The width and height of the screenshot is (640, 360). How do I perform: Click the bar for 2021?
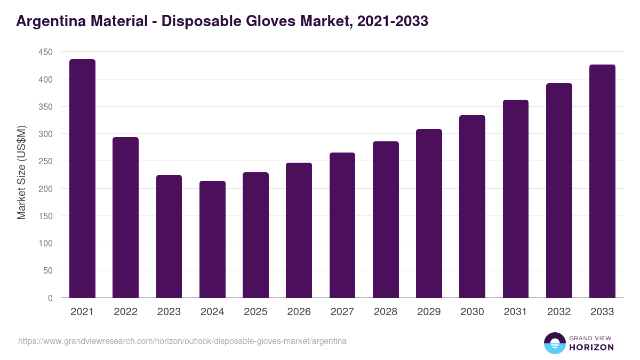point(82,179)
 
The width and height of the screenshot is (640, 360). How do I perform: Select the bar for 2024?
point(212,239)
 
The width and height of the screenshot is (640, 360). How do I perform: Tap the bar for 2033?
point(602,181)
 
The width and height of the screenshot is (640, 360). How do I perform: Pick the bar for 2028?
point(386,220)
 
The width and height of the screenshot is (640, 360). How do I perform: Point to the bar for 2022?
point(125,218)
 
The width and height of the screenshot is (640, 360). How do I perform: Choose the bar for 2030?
point(472,206)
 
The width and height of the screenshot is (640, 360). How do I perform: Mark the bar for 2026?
point(299,230)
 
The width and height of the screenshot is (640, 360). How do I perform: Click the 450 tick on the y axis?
point(45,52)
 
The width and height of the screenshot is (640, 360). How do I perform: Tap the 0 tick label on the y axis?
point(50,298)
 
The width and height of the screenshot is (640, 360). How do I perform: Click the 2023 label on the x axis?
point(169,312)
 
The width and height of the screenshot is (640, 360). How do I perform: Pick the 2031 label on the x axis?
point(515,312)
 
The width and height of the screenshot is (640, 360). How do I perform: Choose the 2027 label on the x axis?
point(342,312)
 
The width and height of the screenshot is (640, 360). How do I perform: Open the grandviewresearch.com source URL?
point(182,341)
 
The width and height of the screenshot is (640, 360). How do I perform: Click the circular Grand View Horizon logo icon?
point(555,343)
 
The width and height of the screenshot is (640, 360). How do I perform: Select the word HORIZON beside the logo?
point(592,347)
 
